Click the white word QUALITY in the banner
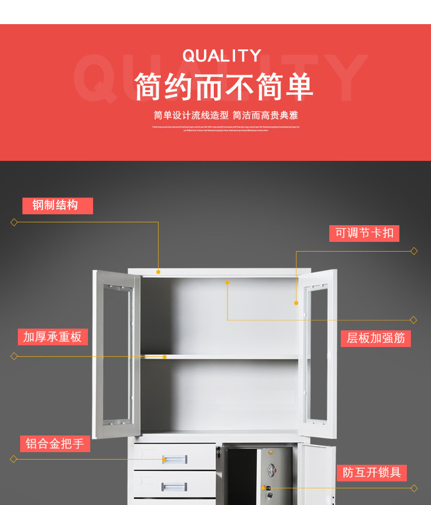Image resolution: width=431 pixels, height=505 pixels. [x=222, y=56]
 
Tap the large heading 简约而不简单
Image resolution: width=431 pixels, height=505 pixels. [x=224, y=87]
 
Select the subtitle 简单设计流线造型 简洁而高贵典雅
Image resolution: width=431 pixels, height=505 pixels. [x=226, y=115]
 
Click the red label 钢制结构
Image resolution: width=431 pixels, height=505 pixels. [x=57, y=206]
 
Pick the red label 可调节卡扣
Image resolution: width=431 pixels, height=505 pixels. [x=364, y=233]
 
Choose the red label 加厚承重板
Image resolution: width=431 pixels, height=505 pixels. [x=52, y=337]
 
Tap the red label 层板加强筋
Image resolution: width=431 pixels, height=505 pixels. [x=376, y=338]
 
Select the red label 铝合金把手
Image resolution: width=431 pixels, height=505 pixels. [x=55, y=444]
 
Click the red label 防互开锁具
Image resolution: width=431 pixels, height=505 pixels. [x=371, y=473]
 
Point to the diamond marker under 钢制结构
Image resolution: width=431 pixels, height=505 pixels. [x=14, y=222]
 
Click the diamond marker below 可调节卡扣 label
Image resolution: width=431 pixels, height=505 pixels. [x=414, y=251]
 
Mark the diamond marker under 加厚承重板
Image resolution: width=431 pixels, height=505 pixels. [x=14, y=356]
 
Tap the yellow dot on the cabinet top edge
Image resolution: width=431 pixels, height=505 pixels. [x=158, y=272]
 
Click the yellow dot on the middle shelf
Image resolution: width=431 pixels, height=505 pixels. [x=164, y=357]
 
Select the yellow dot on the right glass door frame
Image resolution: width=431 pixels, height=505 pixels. [x=297, y=303]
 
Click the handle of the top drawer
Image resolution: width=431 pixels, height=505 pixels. [x=174, y=459]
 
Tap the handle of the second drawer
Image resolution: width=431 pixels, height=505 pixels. [x=174, y=487]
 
